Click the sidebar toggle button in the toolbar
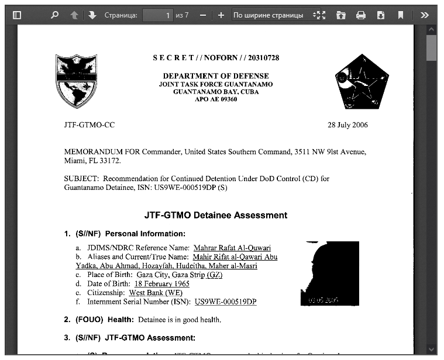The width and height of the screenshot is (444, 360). [x=17, y=15]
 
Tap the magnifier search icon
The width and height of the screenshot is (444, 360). [x=54, y=15]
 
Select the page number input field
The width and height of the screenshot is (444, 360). [x=157, y=15]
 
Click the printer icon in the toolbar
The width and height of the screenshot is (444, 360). [x=361, y=15]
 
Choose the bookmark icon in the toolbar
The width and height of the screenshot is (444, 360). [x=401, y=15]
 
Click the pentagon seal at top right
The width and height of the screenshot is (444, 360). [x=362, y=82]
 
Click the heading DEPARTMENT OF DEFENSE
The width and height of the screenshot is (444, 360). [x=216, y=76]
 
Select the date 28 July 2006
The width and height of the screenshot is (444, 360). [x=348, y=125]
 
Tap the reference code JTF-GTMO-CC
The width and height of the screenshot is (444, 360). [x=89, y=125]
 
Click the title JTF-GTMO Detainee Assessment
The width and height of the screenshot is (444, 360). [x=216, y=215]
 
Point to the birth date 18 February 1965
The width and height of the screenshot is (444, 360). [x=161, y=284]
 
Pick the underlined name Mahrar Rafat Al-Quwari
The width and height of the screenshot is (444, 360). [x=232, y=248]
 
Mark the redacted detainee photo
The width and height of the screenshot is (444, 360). [x=329, y=274]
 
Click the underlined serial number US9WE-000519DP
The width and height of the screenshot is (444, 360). [x=225, y=302]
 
